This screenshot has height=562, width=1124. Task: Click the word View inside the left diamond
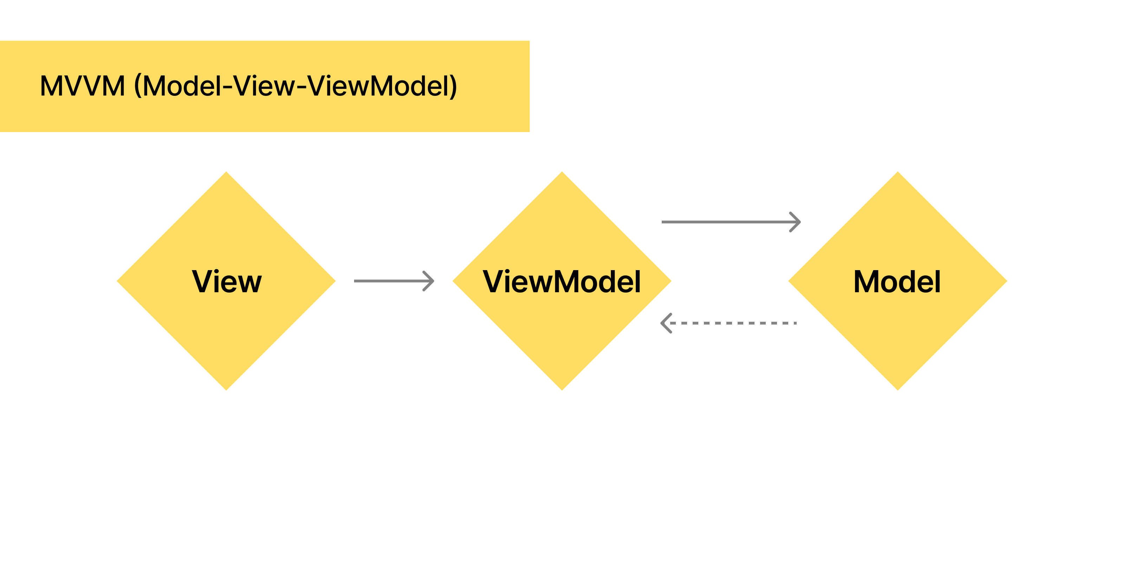click(x=227, y=281)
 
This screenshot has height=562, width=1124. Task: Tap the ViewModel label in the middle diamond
click(x=562, y=281)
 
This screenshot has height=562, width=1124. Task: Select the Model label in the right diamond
click(x=897, y=281)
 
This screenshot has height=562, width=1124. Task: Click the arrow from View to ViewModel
click(x=393, y=281)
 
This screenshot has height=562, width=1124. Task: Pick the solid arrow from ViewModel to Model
click(x=729, y=222)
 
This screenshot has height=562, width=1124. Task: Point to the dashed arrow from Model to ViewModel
click(x=733, y=323)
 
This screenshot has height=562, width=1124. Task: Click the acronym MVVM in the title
click(x=83, y=86)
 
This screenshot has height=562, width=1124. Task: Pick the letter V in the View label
click(x=203, y=281)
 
